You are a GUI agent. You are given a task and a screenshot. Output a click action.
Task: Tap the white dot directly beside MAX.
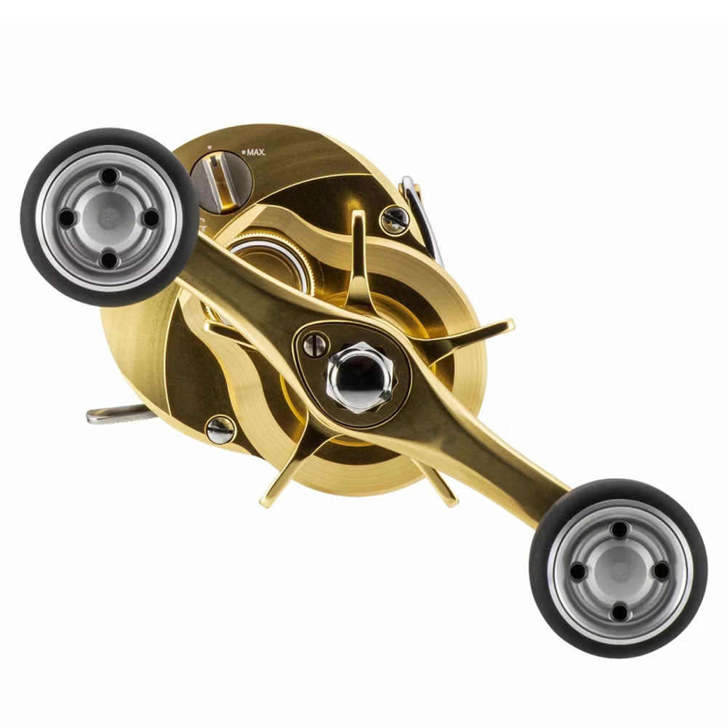tap(242, 153)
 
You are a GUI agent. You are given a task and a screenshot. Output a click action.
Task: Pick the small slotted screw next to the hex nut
tap(316, 345)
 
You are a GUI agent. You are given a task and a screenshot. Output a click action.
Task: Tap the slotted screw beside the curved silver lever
tap(395, 220)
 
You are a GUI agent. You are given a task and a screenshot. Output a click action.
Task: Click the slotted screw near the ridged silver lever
tap(220, 430)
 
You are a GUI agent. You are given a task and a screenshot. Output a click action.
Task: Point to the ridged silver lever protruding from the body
tap(116, 414)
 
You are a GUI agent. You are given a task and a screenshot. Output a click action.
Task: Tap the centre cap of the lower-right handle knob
tap(619, 570)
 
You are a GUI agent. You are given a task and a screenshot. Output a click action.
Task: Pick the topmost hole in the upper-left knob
tap(109, 175)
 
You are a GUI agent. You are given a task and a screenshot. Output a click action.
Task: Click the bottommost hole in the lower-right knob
tap(619, 612)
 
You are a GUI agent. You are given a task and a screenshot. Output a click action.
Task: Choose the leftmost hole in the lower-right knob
tap(577, 571)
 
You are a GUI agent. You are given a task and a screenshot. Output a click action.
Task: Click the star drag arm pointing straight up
tap(357, 247)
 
